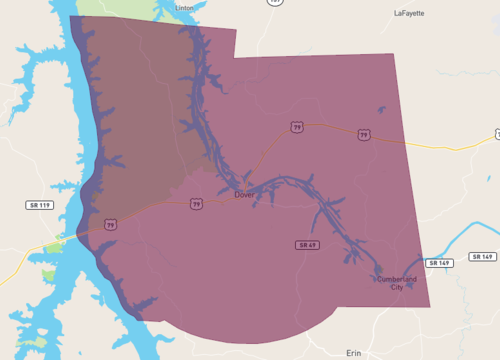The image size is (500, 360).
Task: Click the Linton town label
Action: pyautogui.click(x=185, y=8)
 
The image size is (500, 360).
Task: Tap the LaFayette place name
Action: pyautogui.click(x=409, y=14)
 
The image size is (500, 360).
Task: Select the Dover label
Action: pyautogui.click(x=245, y=195)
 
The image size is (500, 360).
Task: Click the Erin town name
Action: pyautogui.click(x=352, y=353)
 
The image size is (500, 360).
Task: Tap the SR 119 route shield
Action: pyautogui.click(x=38, y=205)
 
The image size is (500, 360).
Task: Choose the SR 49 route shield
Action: pyautogui.click(x=307, y=245)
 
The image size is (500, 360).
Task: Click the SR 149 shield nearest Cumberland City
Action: pyautogui.click(x=439, y=263)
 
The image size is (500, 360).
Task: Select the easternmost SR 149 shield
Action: pyautogui.click(x=484, y=257)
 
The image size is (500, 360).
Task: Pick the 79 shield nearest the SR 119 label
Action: pyautogui.click(x=111, y=224)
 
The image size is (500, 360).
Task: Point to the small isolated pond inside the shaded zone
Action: pyautogui.click(x=380, y=110)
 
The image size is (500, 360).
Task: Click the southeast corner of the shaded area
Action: pyautogui.click(x=430, y=306)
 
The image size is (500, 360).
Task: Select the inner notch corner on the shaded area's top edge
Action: pyautogui.click(x=234, y=57)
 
